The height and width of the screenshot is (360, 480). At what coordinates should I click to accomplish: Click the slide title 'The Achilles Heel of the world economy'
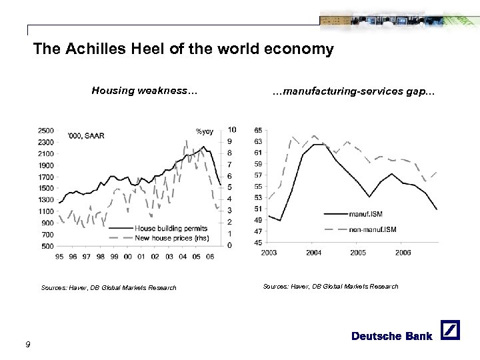pyautogui.click(x=183, y=49)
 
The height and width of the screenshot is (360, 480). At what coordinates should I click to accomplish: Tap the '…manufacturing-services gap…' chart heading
pyautogui.click(x=354, y=91)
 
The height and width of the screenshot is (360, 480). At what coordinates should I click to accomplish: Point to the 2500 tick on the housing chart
pyautogui.click(x=46, y=130)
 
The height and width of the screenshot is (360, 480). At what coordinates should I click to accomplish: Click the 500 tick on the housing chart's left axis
pyautogui.click(x=48, y=246)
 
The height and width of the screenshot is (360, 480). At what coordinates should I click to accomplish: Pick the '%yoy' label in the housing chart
pyautogui.click(x=204, y=131)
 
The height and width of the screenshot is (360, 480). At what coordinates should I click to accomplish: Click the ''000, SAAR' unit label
pyautogui.click(x=86, y=136)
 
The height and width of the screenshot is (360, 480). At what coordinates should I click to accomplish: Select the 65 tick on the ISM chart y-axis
pyautogui.click(x=258, y=130)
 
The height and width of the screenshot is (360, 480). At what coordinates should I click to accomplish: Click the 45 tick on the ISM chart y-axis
pyautogui.click(x=258, y=243)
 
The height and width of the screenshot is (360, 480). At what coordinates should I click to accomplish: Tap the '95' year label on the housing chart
pyautogui.click(x=61, y=256)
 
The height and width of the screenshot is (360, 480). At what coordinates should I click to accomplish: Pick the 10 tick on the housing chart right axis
pyautogui.click(x=231, y=129)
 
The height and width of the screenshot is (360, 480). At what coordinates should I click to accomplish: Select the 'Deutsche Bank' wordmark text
pyautogui.click(x=392, y=335)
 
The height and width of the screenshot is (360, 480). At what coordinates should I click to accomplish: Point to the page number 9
pyautogui.click(x=27, y=343)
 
